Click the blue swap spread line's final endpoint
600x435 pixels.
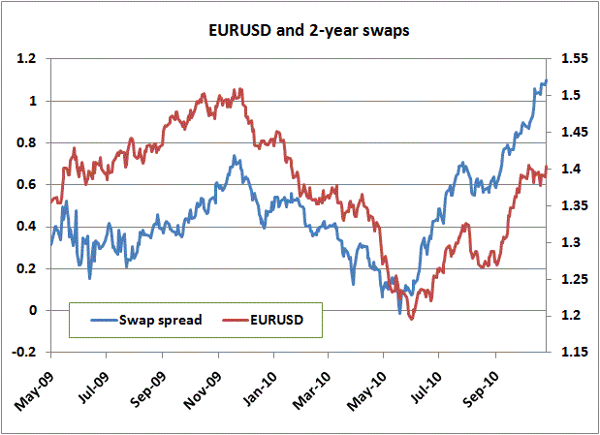[x=547, y=81]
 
